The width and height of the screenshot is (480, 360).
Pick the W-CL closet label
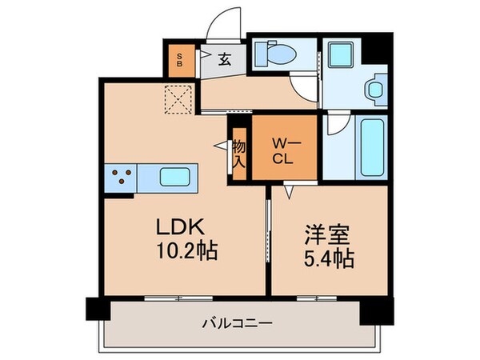(284, 150)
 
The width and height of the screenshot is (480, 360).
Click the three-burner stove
(120, 178)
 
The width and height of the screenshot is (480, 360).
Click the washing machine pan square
(344, 55)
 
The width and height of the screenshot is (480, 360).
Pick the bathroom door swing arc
(336, 125)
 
